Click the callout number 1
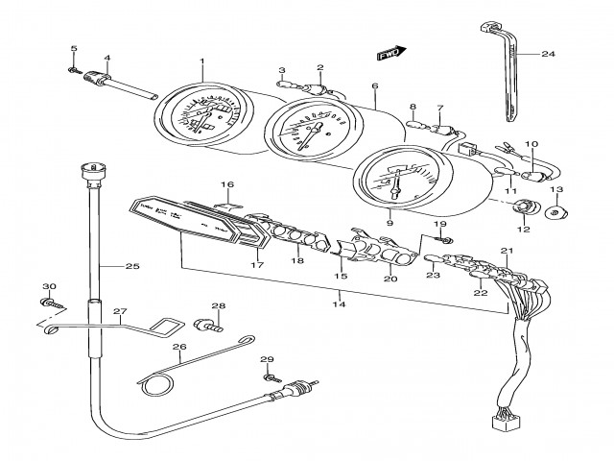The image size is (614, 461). pos(202,62)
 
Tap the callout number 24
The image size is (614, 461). pos(548,54)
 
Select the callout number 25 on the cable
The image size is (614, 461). pos(130,266)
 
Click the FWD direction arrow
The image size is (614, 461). pos(388,55)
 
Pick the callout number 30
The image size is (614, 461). pos(50,287)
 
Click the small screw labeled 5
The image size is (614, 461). pos(73,68)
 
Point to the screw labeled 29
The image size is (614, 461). pos(271,376)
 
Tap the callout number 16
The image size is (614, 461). pos(227,184)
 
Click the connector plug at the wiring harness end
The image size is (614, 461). pos(500,420)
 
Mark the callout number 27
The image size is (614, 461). pos(120,311)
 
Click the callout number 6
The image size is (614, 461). pos(375,86)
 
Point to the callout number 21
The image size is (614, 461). pos(508,251)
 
